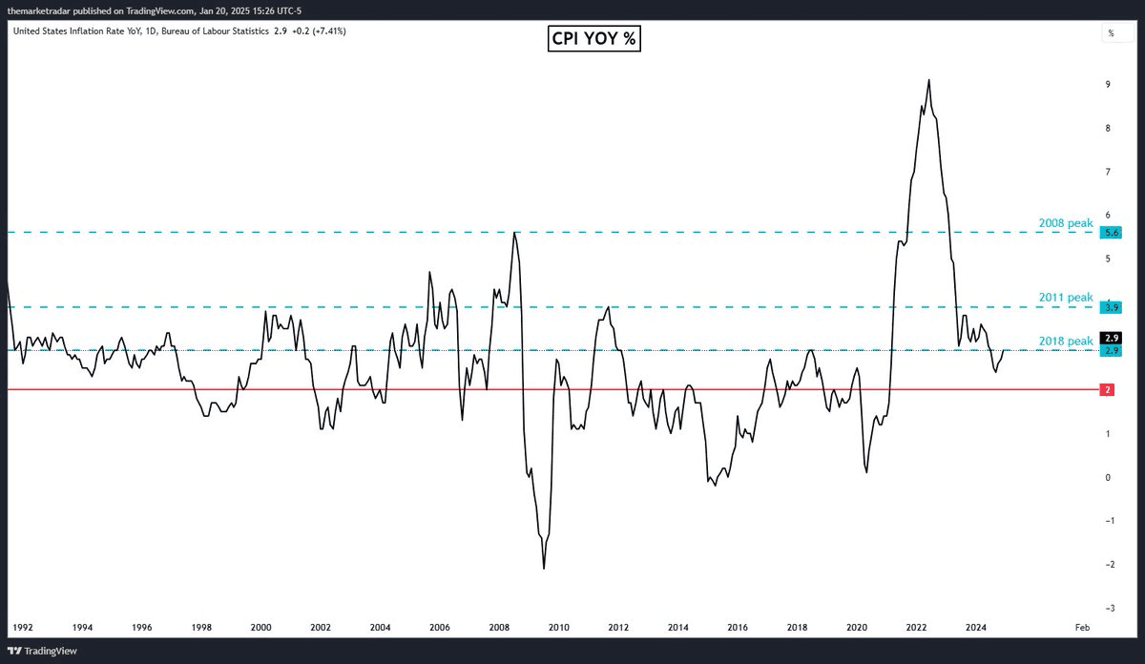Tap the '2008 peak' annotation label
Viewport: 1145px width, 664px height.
point(1066,223)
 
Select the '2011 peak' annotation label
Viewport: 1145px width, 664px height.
point(1066,298)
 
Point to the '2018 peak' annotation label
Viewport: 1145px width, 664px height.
point(1066,341)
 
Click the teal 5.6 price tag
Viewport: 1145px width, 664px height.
point(1111,233)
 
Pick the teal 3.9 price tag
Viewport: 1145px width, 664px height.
point(1111,307)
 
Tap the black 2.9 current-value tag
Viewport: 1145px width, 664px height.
point(1111,338)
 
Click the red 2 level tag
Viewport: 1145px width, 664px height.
point(1108,390)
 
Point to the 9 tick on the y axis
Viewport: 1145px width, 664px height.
point(1107,85)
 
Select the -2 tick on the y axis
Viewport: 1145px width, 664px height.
point(1107,565)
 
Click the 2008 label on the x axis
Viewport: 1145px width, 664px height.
point(499,627)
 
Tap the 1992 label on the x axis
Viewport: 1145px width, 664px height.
point(22,627)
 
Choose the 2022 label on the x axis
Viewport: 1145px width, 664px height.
point(917,627)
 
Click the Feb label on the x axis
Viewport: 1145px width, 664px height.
point(1081,627)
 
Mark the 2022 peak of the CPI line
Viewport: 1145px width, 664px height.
point(928,80)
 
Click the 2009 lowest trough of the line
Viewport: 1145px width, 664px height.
point(544,569)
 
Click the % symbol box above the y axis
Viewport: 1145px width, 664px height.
point(1112,32)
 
